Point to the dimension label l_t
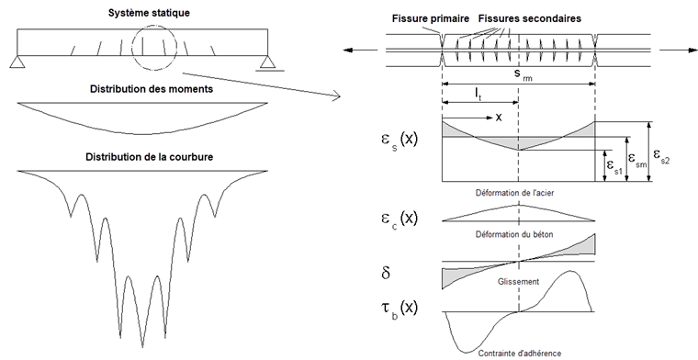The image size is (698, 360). (x=479, y=94)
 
